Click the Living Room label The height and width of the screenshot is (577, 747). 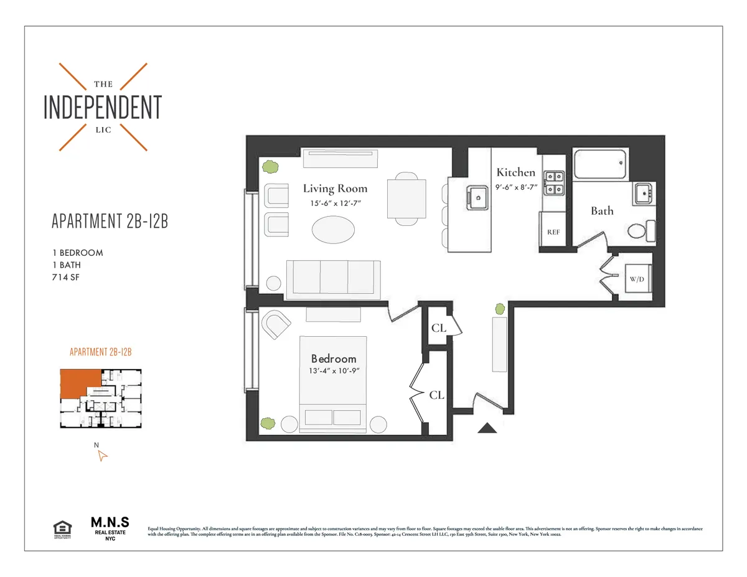tap(335, 188)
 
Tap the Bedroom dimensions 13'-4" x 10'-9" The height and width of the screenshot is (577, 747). tap(334, 371)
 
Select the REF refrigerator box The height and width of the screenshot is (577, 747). tap(553, 231)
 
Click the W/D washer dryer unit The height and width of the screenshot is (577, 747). tap(636, 279)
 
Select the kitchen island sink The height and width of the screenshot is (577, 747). tap(477, 198)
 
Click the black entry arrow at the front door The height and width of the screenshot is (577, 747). tap(487, 428)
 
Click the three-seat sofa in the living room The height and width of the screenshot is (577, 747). tap(333, 278)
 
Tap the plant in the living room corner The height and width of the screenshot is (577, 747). tap(270, 166)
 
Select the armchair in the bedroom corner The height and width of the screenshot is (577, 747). tap(276, 325)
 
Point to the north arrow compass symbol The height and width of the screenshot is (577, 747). tap(102, 456)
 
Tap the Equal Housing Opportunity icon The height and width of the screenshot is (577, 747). tap(62, 529)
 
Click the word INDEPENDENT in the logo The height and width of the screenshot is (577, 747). tap(103, 108)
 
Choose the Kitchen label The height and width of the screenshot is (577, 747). tap(515, 172)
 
